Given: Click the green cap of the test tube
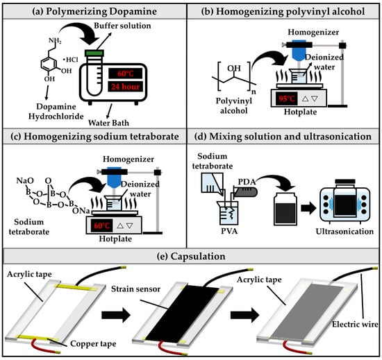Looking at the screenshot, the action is [x=94, y=53].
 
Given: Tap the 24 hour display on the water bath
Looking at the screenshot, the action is [x=125, y=86].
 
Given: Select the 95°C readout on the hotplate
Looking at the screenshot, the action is [x=286, y=98].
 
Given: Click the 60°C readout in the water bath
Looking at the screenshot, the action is [x=125, y=74].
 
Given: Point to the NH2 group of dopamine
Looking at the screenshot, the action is [x=55, y=40].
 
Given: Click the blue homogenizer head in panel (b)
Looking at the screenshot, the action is [x=299, y=50].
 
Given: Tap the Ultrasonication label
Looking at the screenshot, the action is [x=344, y=231].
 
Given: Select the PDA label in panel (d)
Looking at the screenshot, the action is [x=247, y=182].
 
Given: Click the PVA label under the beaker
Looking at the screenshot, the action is [x=229, y=230].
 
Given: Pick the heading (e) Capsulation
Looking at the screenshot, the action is [x=191, y=256].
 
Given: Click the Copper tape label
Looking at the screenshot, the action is [x=93, y=344].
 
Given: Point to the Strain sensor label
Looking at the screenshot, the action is [x=135, y=289].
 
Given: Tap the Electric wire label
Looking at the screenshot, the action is [x=355, y=324].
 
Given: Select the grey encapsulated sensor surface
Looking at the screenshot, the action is [x=308, y=312].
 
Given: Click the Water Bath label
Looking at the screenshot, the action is [x=108, y=123].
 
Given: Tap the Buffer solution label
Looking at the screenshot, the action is [x=122, y=26].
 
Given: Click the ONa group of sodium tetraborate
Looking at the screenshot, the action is [x=81, y=211].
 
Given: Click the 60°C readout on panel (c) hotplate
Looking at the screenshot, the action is [x=101, y=225].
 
